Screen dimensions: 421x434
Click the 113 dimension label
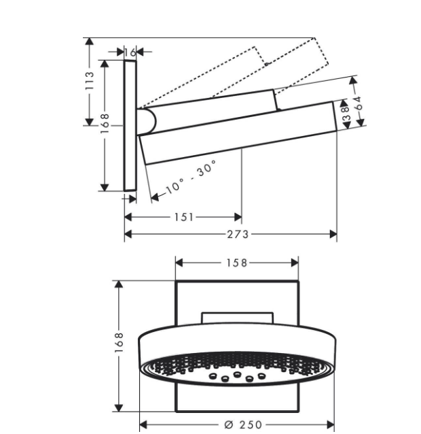coord(90,80)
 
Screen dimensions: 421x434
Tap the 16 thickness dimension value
coord(130,52)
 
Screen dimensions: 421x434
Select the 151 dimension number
coord(184,217)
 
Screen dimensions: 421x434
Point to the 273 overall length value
coord(238,235)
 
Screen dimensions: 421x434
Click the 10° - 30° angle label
coord(190,178)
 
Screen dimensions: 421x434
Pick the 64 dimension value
coord(358,103)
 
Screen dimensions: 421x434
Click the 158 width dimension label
coord(237,263)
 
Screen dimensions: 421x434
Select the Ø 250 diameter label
coord(243,424)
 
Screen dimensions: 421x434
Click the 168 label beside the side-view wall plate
coord(105,123)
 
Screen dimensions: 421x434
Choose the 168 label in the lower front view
coord(119,343)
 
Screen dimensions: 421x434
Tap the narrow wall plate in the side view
coord(130,126)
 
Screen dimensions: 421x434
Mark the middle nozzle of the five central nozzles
coord(237,375)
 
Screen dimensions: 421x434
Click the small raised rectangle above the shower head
coord(237,318)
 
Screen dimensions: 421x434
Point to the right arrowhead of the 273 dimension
coord(333,235)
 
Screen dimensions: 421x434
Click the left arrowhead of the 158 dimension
coord(179,263)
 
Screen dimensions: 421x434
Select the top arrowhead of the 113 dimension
coord(89,41)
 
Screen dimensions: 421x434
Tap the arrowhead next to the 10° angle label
coord(155,197)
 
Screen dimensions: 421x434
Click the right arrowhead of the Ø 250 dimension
coord(331,424)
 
